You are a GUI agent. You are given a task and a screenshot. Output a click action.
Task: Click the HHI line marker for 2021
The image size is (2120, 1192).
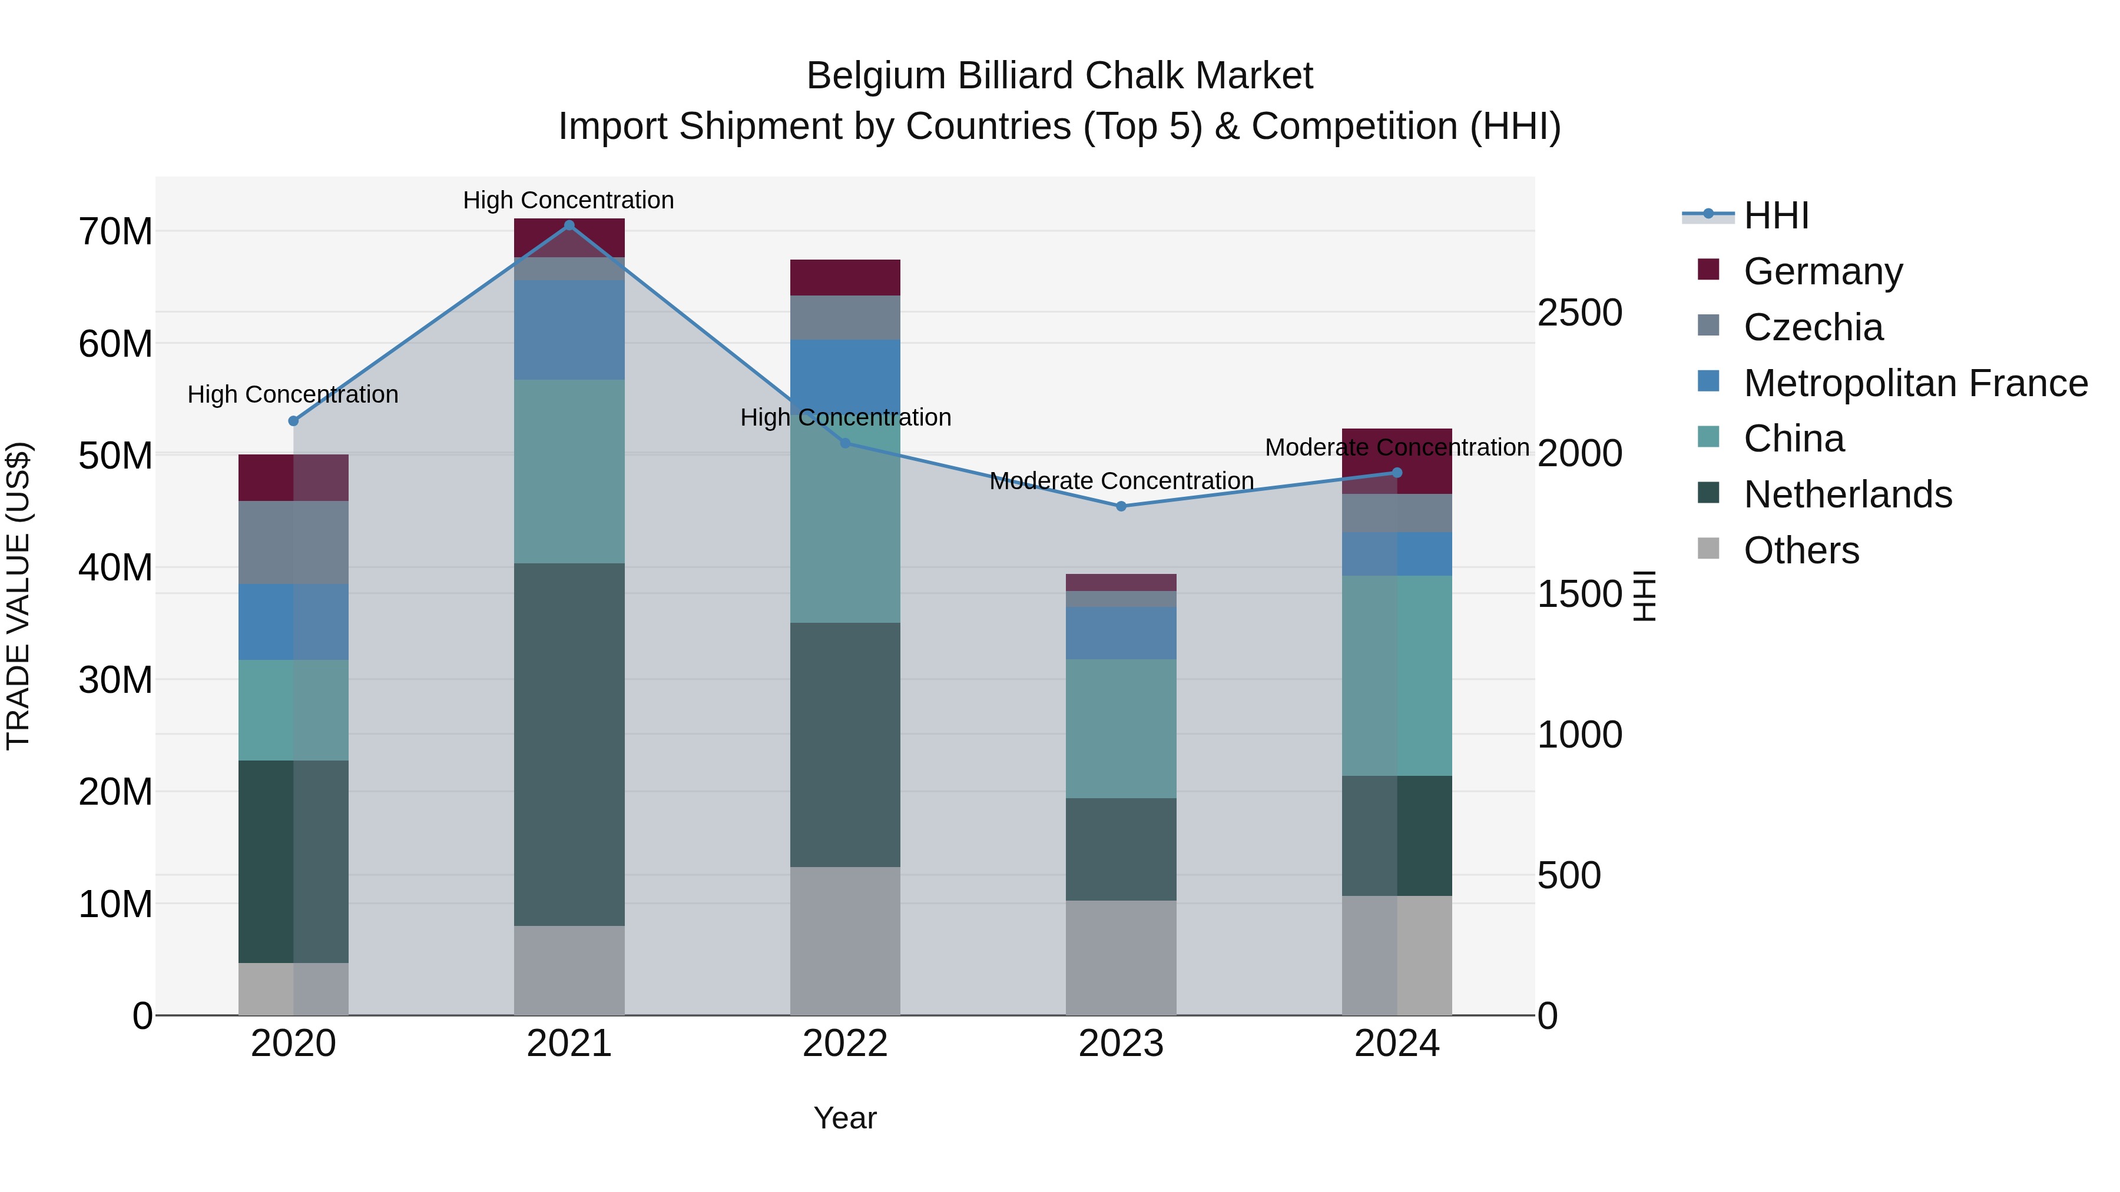pyautogui.click(x=569, y=225)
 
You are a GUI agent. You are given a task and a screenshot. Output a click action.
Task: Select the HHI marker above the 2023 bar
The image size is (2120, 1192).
pyautogui.click(x=1121, y=507)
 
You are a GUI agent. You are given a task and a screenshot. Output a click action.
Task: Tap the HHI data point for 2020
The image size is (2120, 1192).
pyautogui.click(x=293, y=421)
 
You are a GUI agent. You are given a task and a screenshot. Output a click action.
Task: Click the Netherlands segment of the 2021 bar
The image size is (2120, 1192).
pyautogui.click(x=569, y=745)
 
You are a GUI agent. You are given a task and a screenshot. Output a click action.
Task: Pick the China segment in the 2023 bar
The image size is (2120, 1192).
pyautogui.click(x=1121, y=728)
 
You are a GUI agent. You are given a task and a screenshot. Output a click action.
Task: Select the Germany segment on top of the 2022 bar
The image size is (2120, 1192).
pyautogui.click(x=844, y=277)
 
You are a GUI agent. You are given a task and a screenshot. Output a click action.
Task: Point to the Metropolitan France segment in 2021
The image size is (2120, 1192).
pyautogui.click(x=569, y=330)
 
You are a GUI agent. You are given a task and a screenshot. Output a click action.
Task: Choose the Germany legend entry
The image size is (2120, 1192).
pyautogui.click(x=1822, y=271)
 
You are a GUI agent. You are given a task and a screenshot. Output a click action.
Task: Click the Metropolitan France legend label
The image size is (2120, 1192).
pyautogui.click(x=1915, y=383)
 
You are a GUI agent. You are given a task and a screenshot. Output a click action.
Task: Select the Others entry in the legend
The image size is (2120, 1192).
pyautogui.click(x=1801, y=550)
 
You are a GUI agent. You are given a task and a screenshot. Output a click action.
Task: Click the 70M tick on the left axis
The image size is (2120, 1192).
pyautogui.click(x=115, y=232)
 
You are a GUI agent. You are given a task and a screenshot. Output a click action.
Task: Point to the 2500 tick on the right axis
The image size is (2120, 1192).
pyautogui.click(x=1579, y=313)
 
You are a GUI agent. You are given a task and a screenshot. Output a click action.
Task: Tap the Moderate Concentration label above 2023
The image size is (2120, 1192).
pyautogui.click(x=1121, y=482)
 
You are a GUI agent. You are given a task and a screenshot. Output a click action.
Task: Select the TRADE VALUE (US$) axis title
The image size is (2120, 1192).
pyautogui.click(x=19, y=596)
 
